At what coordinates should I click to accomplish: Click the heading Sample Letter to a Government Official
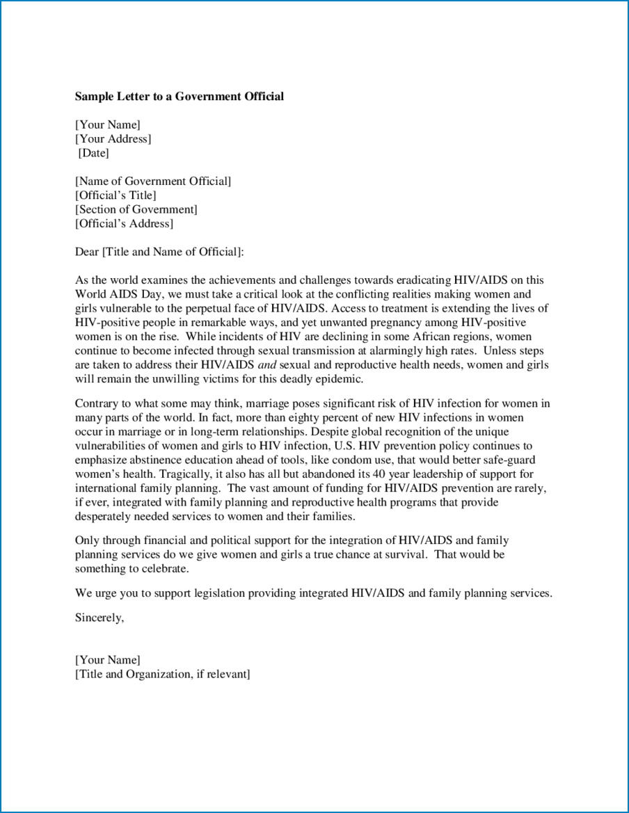point(179,97)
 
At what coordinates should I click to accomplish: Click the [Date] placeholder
point(93,153)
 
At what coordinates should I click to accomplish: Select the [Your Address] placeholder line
point(113,139)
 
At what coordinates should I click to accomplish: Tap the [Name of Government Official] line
point(152,182)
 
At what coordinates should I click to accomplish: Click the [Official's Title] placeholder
point(116,195)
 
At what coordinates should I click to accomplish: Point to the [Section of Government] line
point(136,209)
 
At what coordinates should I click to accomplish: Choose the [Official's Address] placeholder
point(124,224)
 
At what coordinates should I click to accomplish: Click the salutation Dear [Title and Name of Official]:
point(159,252)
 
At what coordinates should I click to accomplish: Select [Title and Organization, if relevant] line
point(162,674)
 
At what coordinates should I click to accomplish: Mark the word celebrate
point(164,569)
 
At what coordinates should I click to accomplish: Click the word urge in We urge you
point(105,593)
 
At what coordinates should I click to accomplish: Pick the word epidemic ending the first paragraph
point(339,379)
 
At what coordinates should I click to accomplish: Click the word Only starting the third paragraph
point(87,540)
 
